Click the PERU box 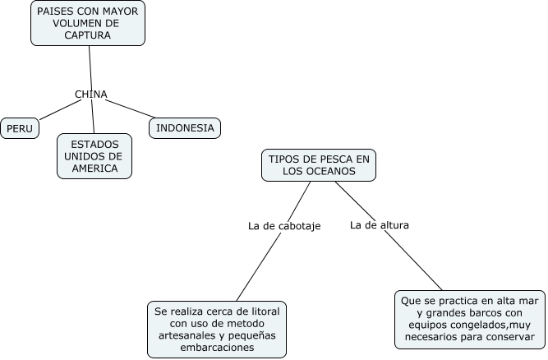click(20, 128)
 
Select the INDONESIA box click(185, 127)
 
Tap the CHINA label click(91, 94)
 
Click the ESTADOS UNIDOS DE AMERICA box click(94, 156)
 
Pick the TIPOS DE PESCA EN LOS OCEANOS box click(319, 164)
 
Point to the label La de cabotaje click(283, 225)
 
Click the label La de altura click(379, 224)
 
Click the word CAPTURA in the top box click(89, 35)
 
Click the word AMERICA click(94, 168)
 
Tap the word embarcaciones click(217, 348)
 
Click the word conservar click(509, 335)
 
